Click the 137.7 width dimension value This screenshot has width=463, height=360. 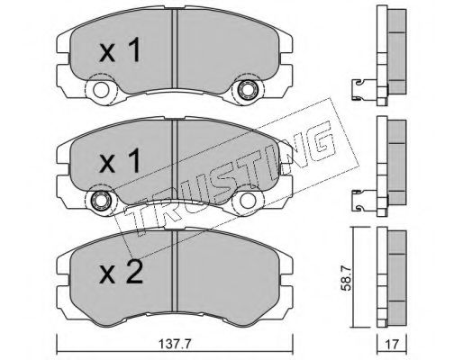pos(175,343)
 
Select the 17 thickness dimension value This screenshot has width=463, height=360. pos(392,345)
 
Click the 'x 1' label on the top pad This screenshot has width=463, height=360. pos(120,49)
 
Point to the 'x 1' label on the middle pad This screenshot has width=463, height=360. pos(120,160)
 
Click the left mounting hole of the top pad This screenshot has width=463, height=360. pos(100,89)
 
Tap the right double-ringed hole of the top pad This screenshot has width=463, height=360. pos(246,89)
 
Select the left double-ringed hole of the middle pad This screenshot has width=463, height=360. pos(100,200)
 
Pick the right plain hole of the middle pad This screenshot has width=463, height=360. pos(246,200)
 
